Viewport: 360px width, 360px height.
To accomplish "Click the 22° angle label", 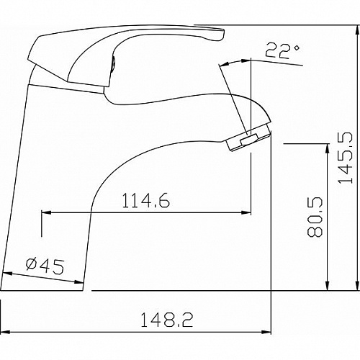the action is coord(282,50).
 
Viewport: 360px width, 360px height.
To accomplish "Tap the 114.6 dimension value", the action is coord(146,201).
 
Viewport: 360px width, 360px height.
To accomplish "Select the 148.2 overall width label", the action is coord(166,320).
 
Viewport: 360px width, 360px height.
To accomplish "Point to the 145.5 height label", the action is coord(346,158).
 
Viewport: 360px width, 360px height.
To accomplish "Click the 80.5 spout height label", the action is coord(315,217).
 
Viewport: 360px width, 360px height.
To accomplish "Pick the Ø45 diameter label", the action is coord(45,266).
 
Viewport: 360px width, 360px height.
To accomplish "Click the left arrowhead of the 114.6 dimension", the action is coord(46,212).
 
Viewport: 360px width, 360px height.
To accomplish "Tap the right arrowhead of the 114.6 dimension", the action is coord(246,212).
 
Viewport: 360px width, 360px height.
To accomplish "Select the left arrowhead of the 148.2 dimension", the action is coord(5,332).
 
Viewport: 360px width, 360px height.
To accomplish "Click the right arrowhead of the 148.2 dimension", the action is coord(266,332).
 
